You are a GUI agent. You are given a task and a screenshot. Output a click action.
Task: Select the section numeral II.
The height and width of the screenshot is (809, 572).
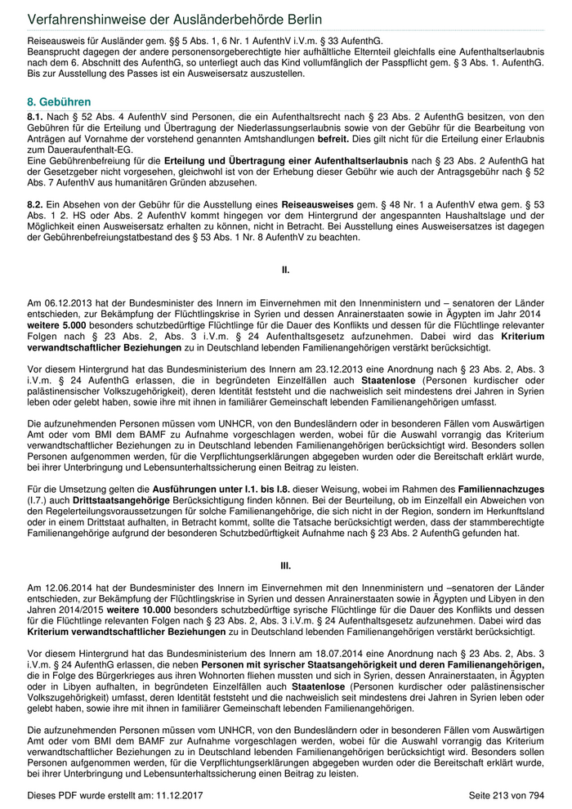[286, 269]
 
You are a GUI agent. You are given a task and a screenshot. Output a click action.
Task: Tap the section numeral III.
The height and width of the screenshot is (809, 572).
[286, 565]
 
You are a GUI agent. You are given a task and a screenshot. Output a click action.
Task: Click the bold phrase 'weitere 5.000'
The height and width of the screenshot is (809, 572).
[56, 324]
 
